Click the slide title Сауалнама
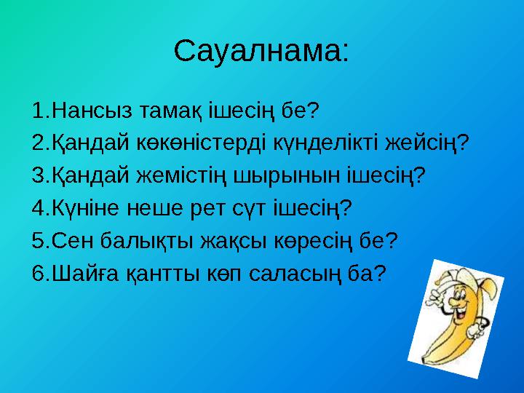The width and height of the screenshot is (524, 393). pos(261,51)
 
